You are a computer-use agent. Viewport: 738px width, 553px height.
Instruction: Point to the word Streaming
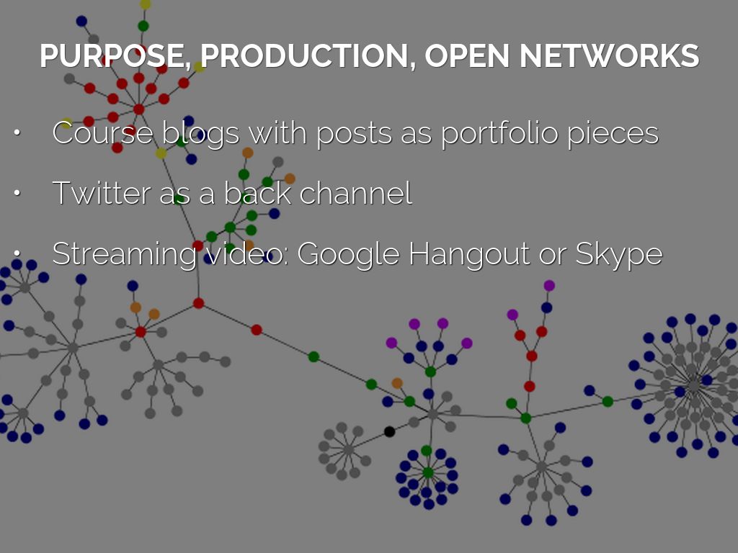[123, 254]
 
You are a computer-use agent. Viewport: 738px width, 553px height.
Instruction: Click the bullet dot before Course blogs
[17, 134]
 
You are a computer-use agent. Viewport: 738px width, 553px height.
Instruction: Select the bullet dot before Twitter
[17, 194]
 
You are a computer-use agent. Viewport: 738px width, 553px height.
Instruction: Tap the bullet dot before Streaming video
[17, 254]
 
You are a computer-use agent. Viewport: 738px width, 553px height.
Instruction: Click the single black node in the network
[389, 431]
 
